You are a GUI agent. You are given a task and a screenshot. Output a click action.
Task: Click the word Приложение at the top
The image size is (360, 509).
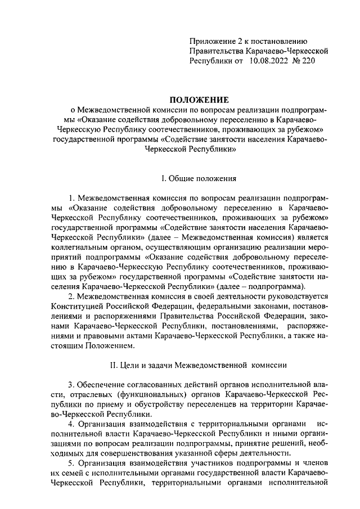pyautogui.click(x=211, y=40)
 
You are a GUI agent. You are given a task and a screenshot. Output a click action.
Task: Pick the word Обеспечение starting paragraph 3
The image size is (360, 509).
pyautogui.click(x=106, y=385)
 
